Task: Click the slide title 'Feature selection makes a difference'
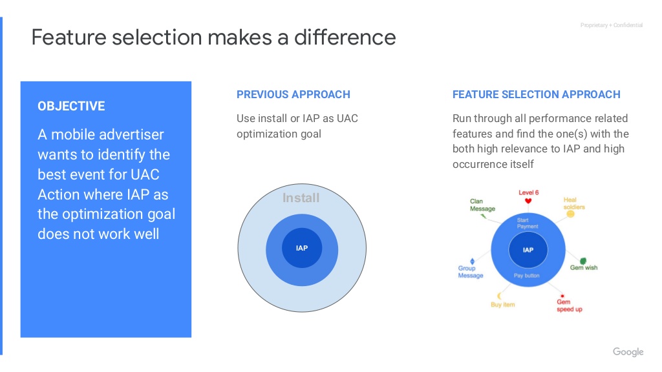click(x=213, y=37)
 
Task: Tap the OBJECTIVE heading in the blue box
click(x=71, y=106)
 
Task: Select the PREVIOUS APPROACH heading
click(x=294, y=94)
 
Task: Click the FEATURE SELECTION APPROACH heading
click(x=536, y=94)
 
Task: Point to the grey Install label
click(x=301, y=198)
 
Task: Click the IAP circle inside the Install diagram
click(x=302, y=248)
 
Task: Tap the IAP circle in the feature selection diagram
click(x=528, y=250)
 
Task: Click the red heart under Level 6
click(x=528, y=201)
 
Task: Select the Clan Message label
click(x=482, y=205)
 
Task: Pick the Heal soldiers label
click(x=574, y=203)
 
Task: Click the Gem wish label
click(x=584, y=268)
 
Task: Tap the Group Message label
click(x=471, y=272)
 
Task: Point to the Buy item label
click(x=503, y=305)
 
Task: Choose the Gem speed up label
click(x=569, y=305)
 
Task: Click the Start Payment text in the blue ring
click(x=528, y=223)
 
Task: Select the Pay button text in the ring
click(x=526, y=275)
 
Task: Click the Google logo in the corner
click(x=628, y=352)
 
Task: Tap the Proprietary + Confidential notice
click(x=612, y=25)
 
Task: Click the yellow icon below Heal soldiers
click(x=570, y=214)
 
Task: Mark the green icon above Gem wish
click(x=583, y=261)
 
